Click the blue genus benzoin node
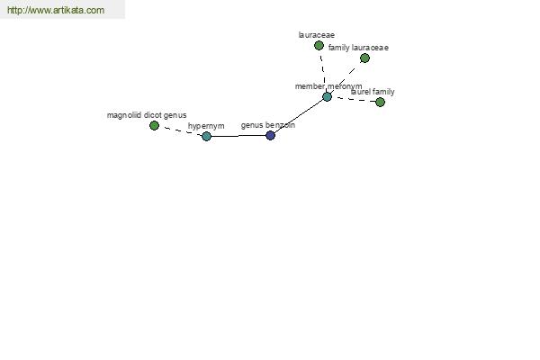pos(270,135)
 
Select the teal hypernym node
pos(206,137)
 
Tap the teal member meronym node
pos(327,97)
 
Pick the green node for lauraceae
pos(319,46)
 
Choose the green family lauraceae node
pos(364,58)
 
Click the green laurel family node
pos(380,102)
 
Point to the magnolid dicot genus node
pos(154,126)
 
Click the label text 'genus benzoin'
pos(268,125)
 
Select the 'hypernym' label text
pos(206,126)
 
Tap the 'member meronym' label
pos(328,86)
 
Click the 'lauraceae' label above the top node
pos(317,35)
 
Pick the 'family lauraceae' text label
pos(358,48)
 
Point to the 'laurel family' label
pos(373,92)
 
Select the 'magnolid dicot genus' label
pos(147,115)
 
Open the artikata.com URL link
pos(56,10)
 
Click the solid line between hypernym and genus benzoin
pos(238,136)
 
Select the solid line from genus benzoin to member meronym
pos(299,116)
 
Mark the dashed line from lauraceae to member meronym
pos(323,71)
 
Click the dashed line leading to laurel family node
pos(354,100)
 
